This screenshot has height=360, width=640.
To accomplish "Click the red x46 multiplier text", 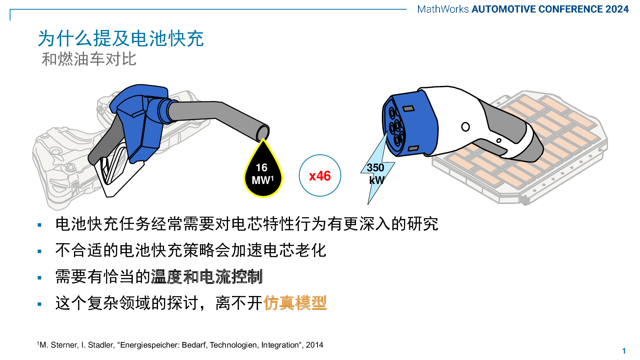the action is [x=320, y=176].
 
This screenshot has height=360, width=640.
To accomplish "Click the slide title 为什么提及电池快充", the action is [x=121, y=38].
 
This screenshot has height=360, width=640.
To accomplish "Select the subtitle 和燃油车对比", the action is [x=89, y=60].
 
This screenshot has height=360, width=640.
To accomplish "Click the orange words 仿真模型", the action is [x=295, y=303].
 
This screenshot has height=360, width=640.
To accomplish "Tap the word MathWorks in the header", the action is [x=443, y=9].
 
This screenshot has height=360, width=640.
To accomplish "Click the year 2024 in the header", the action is [x=617, y=9].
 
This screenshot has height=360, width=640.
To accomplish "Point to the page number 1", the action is [x=624, y=351].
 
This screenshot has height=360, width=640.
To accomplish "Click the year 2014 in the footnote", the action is [x=314, y=345].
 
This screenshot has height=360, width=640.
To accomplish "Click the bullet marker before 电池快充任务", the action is [x=40, y=225].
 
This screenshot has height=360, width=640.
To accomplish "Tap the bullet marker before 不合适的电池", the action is [x=40, y=252].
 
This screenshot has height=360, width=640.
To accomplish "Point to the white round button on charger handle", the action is [x=466, y=126].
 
